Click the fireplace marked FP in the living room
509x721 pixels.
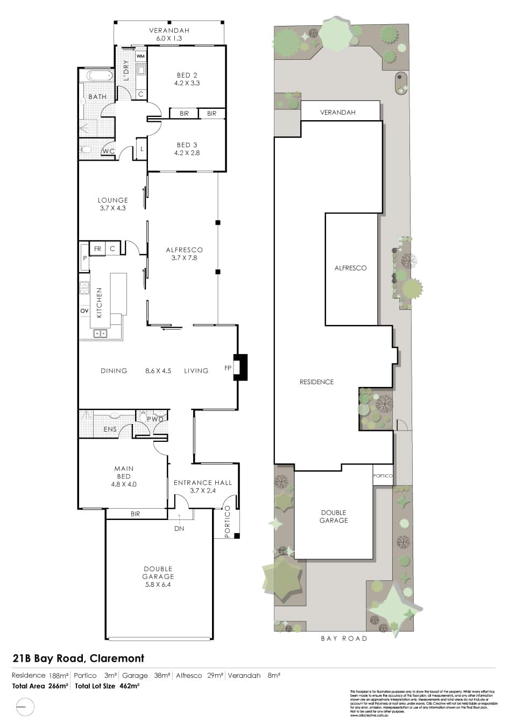[x=239, y=368]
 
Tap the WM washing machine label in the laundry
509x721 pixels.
[x=140, y=56]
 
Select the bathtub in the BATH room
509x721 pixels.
[x=96, y=75]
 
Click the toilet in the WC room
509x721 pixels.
[x=86, y=149]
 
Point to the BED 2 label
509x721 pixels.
[x=187, y=75]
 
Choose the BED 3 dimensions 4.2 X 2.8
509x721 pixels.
[x=187, y=153]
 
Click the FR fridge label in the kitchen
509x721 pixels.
[x=97, y=249]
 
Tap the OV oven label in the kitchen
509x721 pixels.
[x=84, y=311]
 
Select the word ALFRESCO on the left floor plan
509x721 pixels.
[x=184, y=249]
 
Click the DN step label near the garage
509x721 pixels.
[x=179, y=529]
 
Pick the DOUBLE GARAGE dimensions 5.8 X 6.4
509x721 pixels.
[x=158, y=584]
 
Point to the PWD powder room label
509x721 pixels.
[x=155, y=419]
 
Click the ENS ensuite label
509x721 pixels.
[x=110, y=429]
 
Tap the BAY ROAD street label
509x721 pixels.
[x=344, y=639]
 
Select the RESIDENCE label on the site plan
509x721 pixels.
[x=316, y=382]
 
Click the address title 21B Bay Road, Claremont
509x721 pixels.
[x=79, y=658]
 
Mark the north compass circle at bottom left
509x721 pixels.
[x=25, y=706]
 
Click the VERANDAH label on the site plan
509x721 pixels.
[x=338, y=113]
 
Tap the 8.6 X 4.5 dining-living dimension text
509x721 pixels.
[x=158, y=371]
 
